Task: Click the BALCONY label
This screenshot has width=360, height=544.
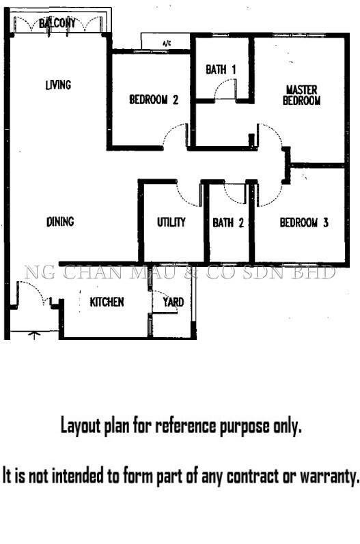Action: tap(57, 24)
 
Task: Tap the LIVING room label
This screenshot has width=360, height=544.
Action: tap(58, 85)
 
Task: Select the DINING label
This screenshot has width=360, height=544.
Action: tap(60, 222)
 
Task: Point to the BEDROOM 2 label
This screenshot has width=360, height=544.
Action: tap(154, 100)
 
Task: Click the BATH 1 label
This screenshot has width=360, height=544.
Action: tap(221, 70)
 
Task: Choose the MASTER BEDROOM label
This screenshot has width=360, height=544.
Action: tap(301, 95)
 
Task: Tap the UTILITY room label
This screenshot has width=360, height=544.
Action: tap(171, 222)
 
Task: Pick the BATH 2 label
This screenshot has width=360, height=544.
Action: tap(228, 223)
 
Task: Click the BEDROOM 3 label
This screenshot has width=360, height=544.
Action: tap(304, 223)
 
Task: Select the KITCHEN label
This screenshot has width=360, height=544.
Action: tap(107, 302)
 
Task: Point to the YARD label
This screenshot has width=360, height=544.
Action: tap(174, 302)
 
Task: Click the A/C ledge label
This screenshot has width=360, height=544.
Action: tap(167, 44)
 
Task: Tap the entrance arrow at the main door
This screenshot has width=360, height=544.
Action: tap(33, 335)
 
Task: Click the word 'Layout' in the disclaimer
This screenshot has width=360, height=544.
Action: tap(81, 426)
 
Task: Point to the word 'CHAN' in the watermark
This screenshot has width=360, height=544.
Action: tap(92, 272)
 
